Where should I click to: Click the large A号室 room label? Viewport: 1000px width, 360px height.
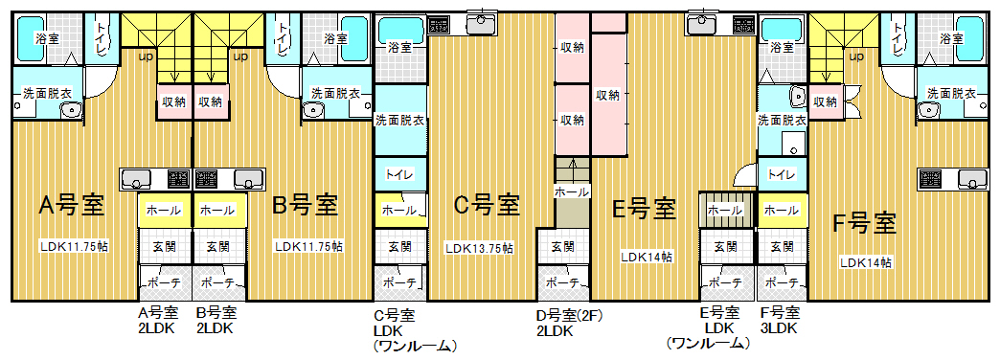click(72, 206)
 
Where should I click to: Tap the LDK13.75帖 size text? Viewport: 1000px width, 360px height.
click(480, 249)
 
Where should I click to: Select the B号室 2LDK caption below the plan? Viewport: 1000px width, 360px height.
click(216, 321)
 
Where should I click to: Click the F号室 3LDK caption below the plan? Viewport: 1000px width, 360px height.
click(780, 321)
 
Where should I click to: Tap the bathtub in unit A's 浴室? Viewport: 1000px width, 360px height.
click(30, 38)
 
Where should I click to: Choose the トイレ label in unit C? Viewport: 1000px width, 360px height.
click(399, 174)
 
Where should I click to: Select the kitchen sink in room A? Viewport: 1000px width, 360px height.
click(134, 178)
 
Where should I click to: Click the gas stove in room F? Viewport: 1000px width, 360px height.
click(931, 178)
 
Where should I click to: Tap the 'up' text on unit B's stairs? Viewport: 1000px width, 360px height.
click(241, 56)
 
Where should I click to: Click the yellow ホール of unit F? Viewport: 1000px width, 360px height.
click(782, 210)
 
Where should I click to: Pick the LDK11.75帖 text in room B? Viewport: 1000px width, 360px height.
click(308, 246)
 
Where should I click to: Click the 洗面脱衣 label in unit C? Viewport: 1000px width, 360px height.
click(399, 119)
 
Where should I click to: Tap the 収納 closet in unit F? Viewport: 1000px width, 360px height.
click(826, 101)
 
